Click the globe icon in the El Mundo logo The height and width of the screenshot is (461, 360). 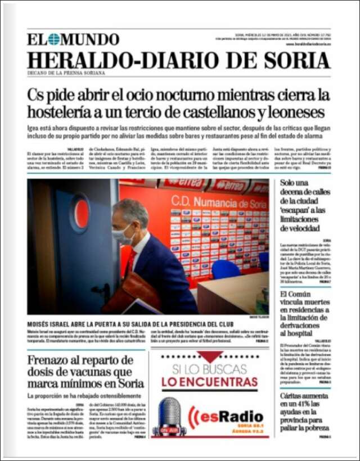point(53,39)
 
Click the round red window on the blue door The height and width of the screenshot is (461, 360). point(80,214)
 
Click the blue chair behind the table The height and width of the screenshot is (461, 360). point(225,269)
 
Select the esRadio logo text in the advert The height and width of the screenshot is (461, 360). point(231,417)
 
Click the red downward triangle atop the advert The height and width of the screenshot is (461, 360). point(209,356)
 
